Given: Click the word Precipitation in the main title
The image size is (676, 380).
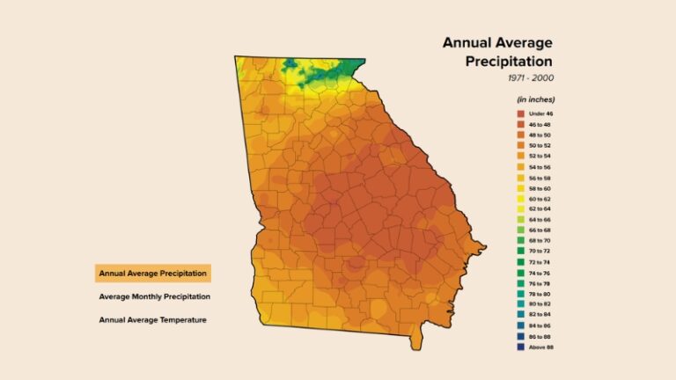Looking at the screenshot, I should pos(509,62).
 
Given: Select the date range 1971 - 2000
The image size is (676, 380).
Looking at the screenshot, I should pos(530,78).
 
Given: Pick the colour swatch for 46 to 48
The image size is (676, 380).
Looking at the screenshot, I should pos(521,125).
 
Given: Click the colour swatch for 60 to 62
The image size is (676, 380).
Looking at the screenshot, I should pos(521,199).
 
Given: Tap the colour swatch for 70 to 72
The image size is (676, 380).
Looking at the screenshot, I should pos(521,252).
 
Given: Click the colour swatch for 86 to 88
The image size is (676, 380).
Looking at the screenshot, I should pos(521,336).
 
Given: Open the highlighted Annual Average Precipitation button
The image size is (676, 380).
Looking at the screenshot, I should pos(153,274).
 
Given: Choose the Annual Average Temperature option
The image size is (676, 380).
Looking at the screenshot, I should pos(153,319).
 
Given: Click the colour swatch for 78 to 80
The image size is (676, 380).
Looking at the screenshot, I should pos(521,294).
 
